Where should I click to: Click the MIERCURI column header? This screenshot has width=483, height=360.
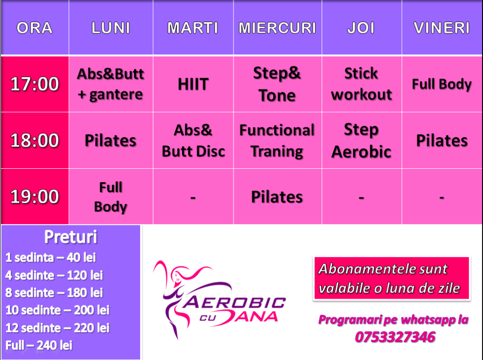tap(277, 28)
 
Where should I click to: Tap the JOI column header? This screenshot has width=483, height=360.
tap(361, 28)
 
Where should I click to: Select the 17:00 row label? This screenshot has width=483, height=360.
tap(34, 84)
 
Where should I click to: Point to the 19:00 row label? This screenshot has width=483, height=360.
tap(34, 196)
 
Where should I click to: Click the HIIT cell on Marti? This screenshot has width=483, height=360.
tap(193, 84)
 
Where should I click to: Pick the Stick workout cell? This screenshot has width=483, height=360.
tap(361, 84)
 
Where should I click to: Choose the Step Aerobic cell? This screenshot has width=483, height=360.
tap(361, 140)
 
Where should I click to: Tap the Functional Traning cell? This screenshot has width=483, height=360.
tap(277, 140)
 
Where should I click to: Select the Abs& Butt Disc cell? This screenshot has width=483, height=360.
tap(193, 140)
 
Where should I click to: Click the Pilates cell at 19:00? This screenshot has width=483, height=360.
tap(277, 197)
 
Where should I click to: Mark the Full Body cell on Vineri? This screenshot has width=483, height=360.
tap(441, 84)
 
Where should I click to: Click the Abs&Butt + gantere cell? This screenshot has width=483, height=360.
tap(110, 84)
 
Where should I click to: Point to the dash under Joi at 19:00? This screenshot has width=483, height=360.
tap(361, 197)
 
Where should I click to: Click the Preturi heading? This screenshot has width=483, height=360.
tap(71, 237)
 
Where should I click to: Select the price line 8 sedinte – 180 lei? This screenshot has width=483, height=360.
tap(54, 293)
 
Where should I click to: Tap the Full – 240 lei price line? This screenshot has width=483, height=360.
tap(39, 345)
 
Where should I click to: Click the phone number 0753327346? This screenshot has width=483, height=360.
tap(395, 337)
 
